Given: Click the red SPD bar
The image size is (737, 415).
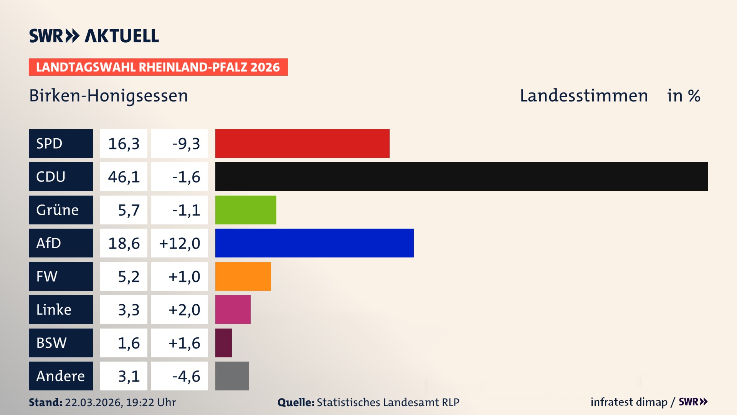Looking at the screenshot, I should click(302, 143).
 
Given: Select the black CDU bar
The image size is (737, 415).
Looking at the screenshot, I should click(461, 176).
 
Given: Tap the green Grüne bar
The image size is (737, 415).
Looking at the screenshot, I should click(246, 210).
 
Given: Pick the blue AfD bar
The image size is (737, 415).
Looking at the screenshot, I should click(314, 243).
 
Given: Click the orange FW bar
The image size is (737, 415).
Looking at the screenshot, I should click(243, 276).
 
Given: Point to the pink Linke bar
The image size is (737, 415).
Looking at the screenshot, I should click(233, 309).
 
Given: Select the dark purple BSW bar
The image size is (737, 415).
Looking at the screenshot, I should click(223, 343).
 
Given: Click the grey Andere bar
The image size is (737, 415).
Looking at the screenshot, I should click(232, 376).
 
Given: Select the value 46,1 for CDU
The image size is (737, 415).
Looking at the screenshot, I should click(124, 177).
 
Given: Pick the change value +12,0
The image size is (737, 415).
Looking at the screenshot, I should click(180, 243).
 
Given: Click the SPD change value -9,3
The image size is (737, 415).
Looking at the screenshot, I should click(186, 144).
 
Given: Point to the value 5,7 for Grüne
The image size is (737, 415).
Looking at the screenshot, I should click(128, 210).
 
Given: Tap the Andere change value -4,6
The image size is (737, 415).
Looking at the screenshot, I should click(186, 376).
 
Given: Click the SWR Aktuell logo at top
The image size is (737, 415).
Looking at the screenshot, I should click(94, 36).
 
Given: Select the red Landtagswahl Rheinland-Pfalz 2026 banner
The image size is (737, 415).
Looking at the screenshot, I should click(158, 67).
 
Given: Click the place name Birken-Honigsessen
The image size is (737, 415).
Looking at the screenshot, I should click(108, 96).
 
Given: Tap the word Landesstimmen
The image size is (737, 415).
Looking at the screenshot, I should click(583, 96).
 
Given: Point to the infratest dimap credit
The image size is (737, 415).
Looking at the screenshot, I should click(628, 402).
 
